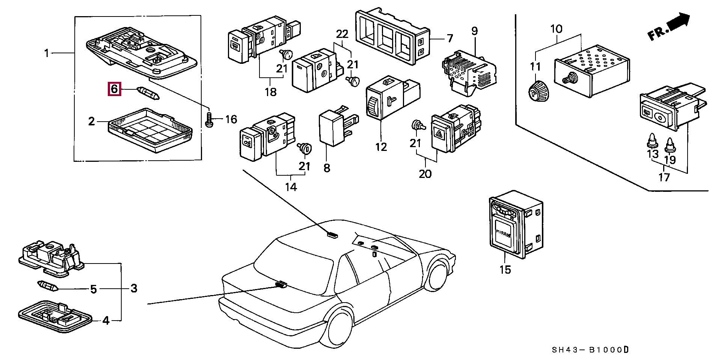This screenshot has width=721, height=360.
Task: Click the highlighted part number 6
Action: tap(114, 89)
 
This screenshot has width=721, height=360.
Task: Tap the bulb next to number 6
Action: tap(149, 93)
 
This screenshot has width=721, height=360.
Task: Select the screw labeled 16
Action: tap(209, 119)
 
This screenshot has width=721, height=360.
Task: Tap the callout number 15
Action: tap(505, 270)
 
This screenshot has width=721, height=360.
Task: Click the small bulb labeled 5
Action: tap(48, 286)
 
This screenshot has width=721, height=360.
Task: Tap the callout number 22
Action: tap(342, 34)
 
